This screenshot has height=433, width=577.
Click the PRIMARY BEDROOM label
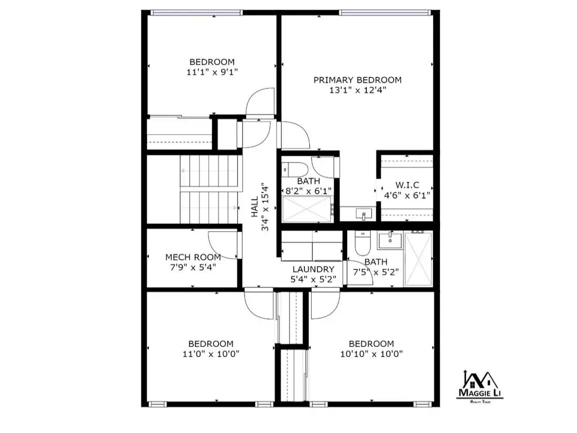(357, 80)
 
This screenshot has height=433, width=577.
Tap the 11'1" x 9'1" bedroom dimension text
(212, 72)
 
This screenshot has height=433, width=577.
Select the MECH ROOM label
(193, 257)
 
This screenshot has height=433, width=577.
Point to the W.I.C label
(407, 185)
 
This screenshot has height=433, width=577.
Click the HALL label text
(255, 207)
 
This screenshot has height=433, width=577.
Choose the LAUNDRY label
(313, 269)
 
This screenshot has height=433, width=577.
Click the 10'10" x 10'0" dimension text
(371, 354)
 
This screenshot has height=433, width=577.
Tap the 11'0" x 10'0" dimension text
(211, 354)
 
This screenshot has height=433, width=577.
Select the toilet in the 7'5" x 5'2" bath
(362, 243)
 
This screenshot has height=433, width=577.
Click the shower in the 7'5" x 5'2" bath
(419, 259)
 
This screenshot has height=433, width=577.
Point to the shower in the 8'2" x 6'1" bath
(307, 209)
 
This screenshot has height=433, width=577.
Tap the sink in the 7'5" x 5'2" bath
(390, 240)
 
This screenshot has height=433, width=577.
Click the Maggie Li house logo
(480, 388)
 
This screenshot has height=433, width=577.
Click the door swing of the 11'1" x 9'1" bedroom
(260, 101)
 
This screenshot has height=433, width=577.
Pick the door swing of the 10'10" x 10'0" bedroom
(325, 305)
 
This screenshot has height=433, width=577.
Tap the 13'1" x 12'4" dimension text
(357, 90)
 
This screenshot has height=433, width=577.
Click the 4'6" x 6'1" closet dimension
(407, 196)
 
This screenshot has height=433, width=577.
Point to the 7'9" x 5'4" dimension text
(193, 267)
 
